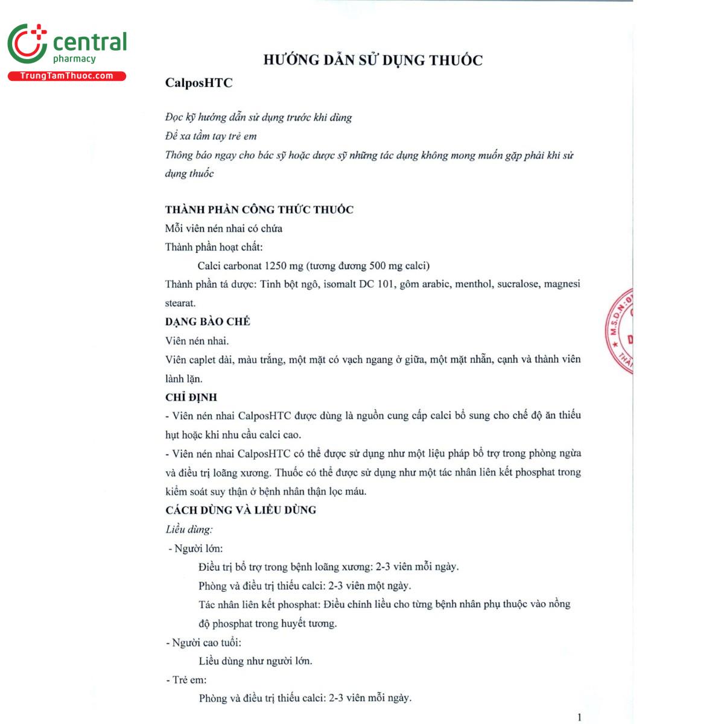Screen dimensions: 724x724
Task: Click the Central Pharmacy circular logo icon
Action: tap(27, 44)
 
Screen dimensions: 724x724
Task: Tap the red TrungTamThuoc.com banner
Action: tap(66, 76)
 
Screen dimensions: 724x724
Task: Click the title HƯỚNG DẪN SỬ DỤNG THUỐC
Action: tap(373, 60)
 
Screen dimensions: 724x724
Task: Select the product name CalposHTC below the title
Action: tap(199, 83)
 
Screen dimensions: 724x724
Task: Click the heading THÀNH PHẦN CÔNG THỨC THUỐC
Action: tap(259, 210)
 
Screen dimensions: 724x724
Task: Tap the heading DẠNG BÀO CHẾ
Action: tap(208, 322)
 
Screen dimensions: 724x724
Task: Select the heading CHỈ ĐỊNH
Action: tap(191, 398)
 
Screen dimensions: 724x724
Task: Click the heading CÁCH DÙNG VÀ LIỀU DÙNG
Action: tap(241, 510)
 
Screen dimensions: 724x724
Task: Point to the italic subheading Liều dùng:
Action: tap(189, 530)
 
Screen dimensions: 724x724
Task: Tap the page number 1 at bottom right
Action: tap(579, 717)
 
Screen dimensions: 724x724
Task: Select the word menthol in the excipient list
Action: tap(473, 284)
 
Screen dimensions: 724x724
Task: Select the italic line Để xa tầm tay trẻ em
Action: tap(211, 136)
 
